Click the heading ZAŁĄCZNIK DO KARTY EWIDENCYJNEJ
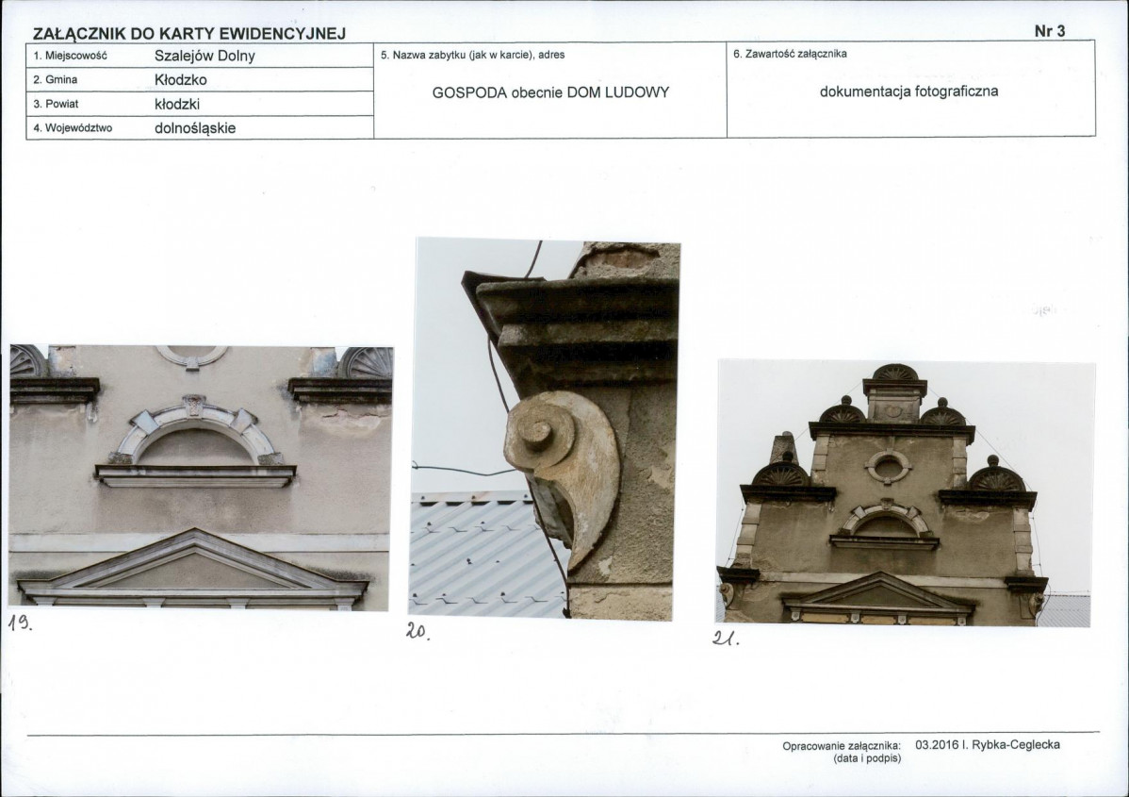tap(189, 34)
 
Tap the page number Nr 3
tap(1050, 31)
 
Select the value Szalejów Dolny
tap(205, 56)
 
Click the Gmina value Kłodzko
tap(181, 79)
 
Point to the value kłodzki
tap(177, 104)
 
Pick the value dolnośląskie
tap(195, 128)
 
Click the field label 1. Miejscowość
tap(70, 56)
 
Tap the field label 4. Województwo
tap(73, 128)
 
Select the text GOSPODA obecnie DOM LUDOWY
tap(550, 92)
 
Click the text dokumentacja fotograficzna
tap(908, 91)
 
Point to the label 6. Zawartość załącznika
tap(790, 54)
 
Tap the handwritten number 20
tap(417, 631)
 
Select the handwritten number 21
tap(725, 638)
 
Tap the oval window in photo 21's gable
tap(888, 467)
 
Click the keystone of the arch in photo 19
tap(193, 405)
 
